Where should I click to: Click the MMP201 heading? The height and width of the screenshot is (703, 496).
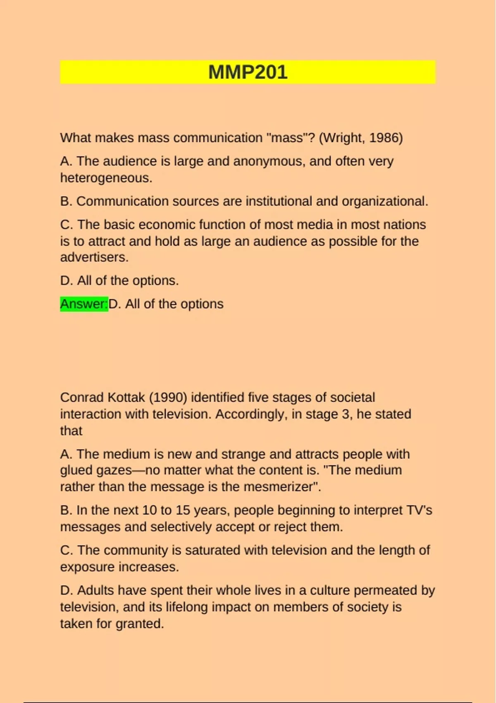coord(248,72)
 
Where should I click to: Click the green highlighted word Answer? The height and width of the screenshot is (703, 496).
coord(83,304)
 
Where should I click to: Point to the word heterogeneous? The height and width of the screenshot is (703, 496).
coord(106,178)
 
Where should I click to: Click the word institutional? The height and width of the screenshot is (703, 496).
coord(279,201)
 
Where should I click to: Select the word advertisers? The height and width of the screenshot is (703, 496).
coord(94,257)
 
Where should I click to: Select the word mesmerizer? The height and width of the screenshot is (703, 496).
coord(281,487)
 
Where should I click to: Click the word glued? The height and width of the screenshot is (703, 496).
coord(76,470)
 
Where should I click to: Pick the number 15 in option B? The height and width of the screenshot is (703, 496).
coord(182,510)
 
